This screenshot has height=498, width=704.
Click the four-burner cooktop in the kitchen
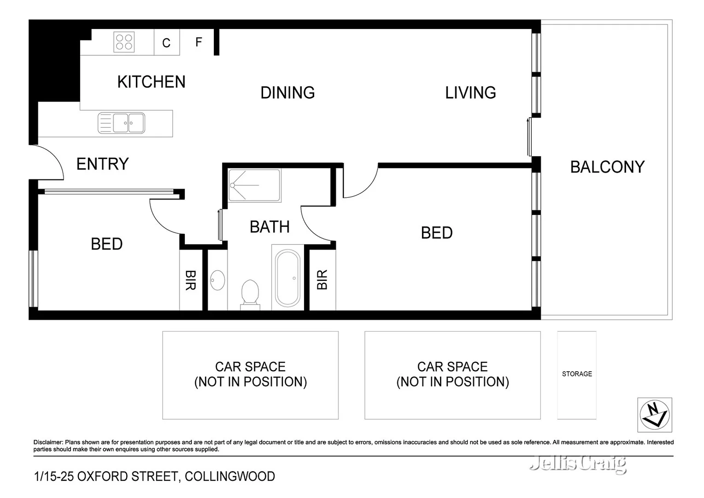[124, 42]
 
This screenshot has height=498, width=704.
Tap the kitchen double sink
[122, 123]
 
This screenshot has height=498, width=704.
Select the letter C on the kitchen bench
[166, 43]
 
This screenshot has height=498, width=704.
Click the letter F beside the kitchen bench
[199, 42]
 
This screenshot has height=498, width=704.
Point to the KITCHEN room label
[151, 82]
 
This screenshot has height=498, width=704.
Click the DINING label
[287, 93]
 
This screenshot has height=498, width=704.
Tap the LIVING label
[470, 93]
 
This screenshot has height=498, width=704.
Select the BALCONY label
[607, 167]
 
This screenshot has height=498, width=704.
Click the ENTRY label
[102, 164]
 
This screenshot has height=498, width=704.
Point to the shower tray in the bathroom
[254, 185]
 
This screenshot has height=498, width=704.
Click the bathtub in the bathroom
[287, 278]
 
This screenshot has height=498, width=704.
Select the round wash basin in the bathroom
[217, 280]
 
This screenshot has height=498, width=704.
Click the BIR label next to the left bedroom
[190, 280]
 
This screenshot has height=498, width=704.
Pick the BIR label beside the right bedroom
[322, 280]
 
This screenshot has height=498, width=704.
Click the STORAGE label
[577, 374]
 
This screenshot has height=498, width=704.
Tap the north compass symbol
[654, 415]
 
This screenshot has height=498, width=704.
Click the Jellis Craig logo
[578, 463]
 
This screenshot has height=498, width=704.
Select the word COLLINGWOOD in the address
[229, 476]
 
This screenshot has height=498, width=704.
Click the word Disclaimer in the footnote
[48, 442]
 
